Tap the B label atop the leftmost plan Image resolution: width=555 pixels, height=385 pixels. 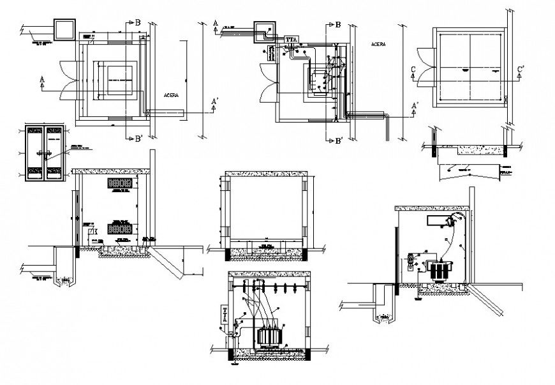pos(137,22)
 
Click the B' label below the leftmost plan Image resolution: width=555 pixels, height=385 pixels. pos(137,139)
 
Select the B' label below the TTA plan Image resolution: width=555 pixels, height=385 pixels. pos(339,140)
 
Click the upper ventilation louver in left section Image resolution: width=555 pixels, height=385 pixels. pos(121,183)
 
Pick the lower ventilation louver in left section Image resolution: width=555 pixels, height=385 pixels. pos(121,227)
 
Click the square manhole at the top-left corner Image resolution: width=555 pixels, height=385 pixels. pos(65,29)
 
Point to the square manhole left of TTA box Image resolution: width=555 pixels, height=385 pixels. pos(265,30)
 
